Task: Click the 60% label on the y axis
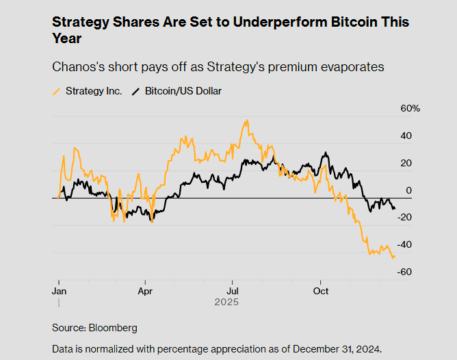pyautogui.click(x=410, y=109)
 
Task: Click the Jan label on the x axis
pyautogui.click(x=59, y=290)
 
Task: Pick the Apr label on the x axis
pyautogui.click(x=145, y=290)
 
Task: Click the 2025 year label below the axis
pyautogui.click(x=226, y=301)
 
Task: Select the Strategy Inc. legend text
pyautogui.click(x=94, y=91)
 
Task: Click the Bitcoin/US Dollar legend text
pyautogui.click(x=183, y=91)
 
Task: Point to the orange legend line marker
pyautogui.click(x=57, y=91)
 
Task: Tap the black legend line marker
pyautogui.click(x=136, y=91)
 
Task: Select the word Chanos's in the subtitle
pyautogui.click(x=77, y=67)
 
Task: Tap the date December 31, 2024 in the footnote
pyautogui.click(x=336, y=349)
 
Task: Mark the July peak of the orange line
pyautogui.click(x=246, y=121)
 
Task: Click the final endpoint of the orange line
pyautogui.click(x=395, y=256)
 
